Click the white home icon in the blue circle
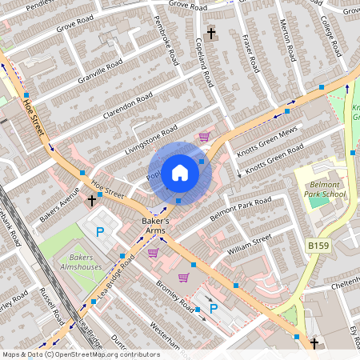coord(180,172)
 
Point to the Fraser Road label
coord(252,53)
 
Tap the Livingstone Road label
coord(150,141)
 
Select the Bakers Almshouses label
coord(81,262)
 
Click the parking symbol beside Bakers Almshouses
coord(100,233)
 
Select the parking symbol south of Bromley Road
coord(214,308)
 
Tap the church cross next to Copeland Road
coord(211,34)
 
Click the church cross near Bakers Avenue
coord(92,200)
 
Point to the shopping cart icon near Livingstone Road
coord(204,137)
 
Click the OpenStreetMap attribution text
coord(81,354)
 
